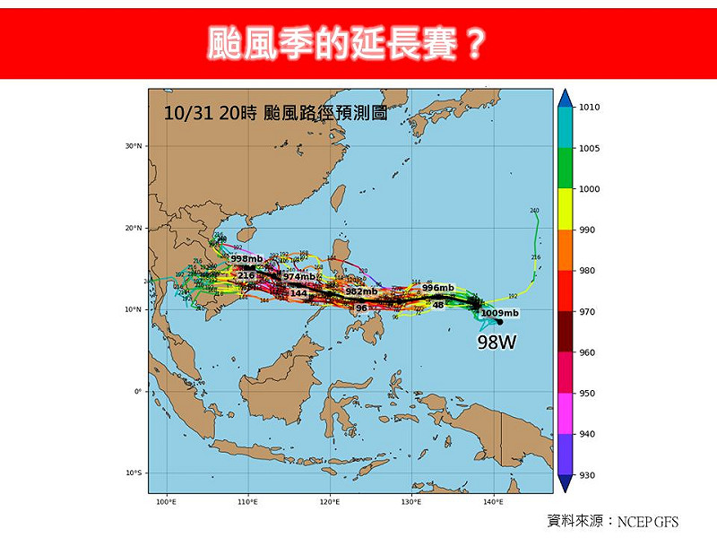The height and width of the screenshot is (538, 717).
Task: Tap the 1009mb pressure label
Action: coord(500,313)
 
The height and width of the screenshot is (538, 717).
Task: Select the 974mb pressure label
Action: coord(299,277)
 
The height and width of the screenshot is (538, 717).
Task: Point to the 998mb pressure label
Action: coord(246,259)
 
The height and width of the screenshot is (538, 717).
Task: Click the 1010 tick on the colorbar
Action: coord(590,108)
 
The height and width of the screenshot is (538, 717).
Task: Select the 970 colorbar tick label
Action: coord(588,312)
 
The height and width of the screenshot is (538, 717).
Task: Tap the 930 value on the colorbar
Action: coord(588,475)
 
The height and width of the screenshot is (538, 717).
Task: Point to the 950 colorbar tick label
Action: coord(588,394)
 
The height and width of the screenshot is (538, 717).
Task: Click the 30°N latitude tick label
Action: coord(134,146)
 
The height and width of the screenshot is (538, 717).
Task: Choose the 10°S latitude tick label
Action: coord(134,473)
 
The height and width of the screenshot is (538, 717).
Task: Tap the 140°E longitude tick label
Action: coord(492,502)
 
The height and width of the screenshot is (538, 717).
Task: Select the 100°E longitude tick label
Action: coord(166,502)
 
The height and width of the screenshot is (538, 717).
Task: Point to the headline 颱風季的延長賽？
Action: coord(347,42)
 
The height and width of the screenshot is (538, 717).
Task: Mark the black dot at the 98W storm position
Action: coord(498,322)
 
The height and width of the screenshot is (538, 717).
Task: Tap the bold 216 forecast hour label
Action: coord(246,276)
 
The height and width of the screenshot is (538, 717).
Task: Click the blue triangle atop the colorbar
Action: coord(565,98)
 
